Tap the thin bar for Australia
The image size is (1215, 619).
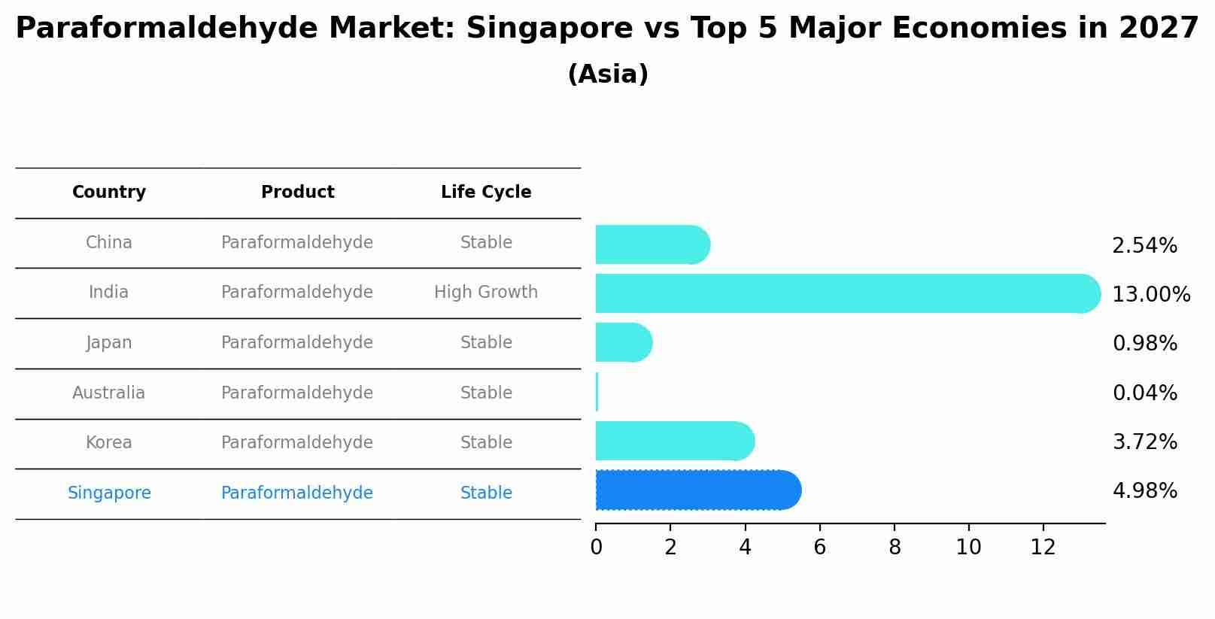tap(597, 392)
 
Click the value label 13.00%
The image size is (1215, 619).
tap(1150, 295)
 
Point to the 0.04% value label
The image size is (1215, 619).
tap(1144, 393)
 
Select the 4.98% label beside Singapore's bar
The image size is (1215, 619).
tap(1144, 491)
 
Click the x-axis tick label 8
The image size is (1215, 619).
tap(894, 548)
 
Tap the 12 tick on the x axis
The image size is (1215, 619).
tap(1043, 548)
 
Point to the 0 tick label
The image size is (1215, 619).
tap(596, 548)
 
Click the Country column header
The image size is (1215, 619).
tap(109, 193)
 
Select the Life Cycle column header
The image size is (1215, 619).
tap(486, 193)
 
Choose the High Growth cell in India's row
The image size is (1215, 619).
tap(486, 293)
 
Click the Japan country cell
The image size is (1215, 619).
tap(109, 343)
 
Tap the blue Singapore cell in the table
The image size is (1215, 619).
tap(109, 493)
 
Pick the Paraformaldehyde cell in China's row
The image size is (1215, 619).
tap(297, 243)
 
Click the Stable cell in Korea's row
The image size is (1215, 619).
tap(486, 443)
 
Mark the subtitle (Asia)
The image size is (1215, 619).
tap(608, 74)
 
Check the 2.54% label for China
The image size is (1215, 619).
tap(1144, 246)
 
